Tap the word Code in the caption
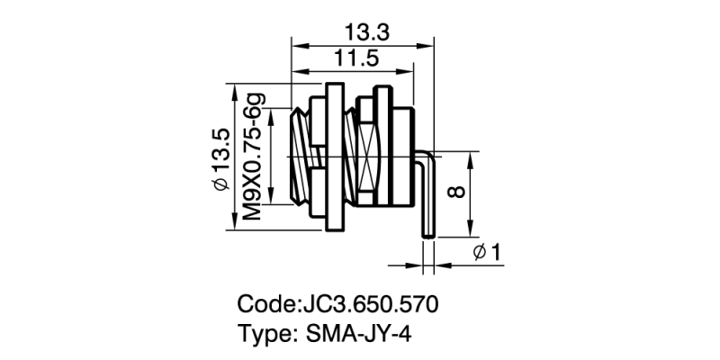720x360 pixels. [267, 303]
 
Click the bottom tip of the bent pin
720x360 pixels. [428, 237]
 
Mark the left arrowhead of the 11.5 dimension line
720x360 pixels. [297, 72]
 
